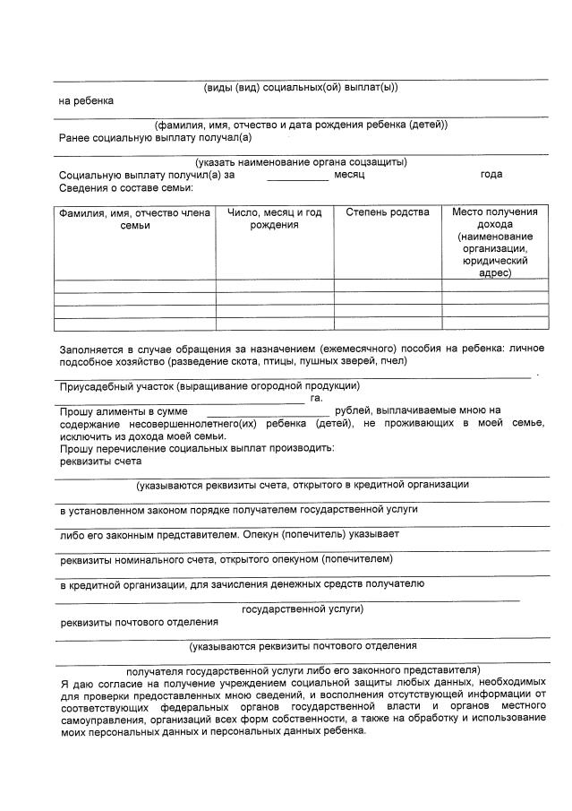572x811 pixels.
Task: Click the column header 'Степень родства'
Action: pyautogui.click(x=387, y=212)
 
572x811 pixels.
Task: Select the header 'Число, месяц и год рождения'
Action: pyautogui.click(x=275, y=219)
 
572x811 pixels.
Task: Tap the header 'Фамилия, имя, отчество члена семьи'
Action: pyautogui.click(x=134, y=219)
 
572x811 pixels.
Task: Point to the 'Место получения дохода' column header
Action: pyautogui.click(x=494, y=242)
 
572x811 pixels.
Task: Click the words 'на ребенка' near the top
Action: pyautogui.click(x=86, y=100)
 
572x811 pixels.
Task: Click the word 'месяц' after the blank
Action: pyautogui.click(x=349, y=175)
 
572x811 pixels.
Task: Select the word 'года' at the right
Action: pyautogui.click(x=491, y=175)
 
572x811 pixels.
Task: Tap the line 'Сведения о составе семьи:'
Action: pyautogui.click(x=125, y=187)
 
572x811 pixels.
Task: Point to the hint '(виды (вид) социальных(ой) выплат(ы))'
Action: pyautogui.click(x=301, y=87)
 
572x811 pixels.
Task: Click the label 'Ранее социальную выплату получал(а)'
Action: pyautogui.click(x=155, y=137)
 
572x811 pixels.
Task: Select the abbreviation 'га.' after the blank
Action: pyautogui.click(x=315, y=397)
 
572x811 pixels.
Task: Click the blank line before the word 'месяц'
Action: pyautogui.click(x=285, y=178)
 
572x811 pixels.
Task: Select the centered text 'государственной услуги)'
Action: pyautogui.click(x=302, y=608)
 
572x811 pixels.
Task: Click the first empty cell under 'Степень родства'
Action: pyautogui.click(x=387, y=286)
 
